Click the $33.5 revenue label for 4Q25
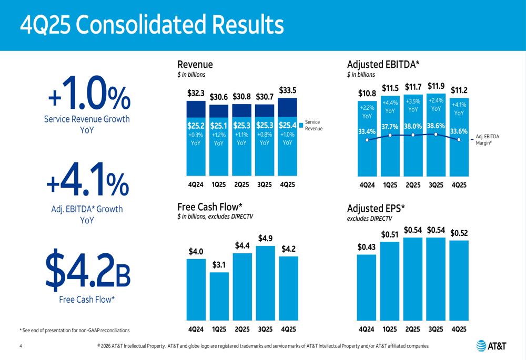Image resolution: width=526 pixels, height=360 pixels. pyautogui.click(x=287, y=89)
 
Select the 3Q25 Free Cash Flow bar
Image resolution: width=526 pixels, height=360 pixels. pyautogui.click(x=265, y=284)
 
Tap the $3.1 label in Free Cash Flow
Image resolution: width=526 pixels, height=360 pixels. pyautogui.click(x=219, y=265)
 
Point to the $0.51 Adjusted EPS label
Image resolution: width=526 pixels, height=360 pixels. pyautogui.click(x=390, y=234)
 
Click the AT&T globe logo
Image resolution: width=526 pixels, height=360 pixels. pyautogui.click(x=481, y=346)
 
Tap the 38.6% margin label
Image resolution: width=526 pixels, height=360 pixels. pyautogui.click(x=436, y=126)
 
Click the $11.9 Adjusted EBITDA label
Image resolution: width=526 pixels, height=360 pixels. pyautogui.click(x=436, y=86)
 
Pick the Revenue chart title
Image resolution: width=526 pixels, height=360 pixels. pyautogui.click(x=195, y=64)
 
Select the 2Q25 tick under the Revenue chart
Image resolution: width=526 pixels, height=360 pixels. pyautogui.click(x=242, y=185)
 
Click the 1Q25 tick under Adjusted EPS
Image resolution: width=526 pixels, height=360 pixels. pyautogui.click(x=390, y=330)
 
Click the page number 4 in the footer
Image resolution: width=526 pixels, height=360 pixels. pyautogui.click(x=21, y=346)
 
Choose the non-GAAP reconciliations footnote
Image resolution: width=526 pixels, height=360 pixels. pyautogui.click(x=74, y=330)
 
